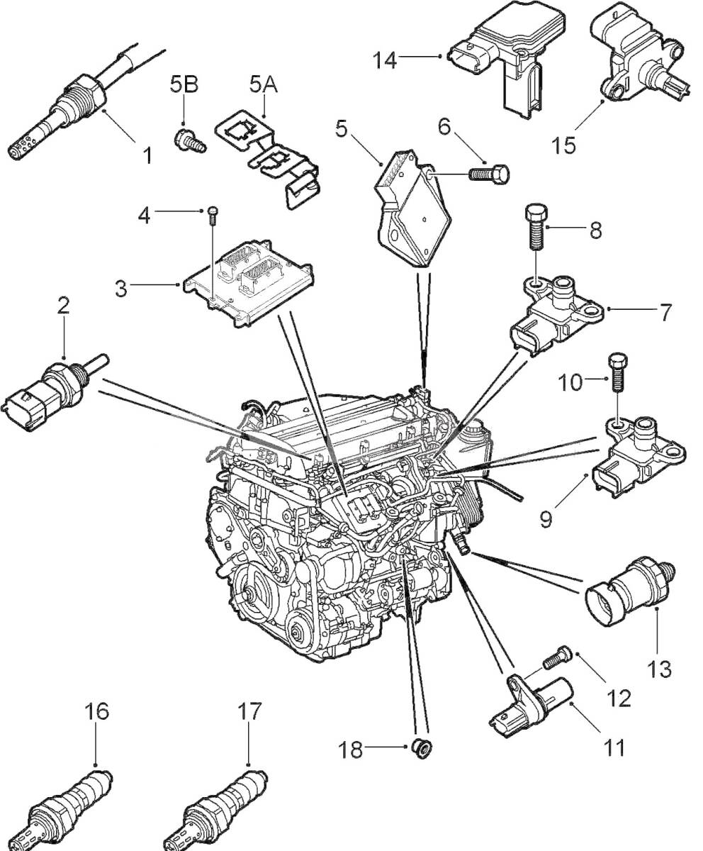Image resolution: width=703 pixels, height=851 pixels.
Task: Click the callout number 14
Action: click(386, 60)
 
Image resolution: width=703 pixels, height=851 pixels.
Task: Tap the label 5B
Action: click(184, 84)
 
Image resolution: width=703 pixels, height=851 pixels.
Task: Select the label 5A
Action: click(262, 84)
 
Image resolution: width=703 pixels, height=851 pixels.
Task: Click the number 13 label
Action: click(659, 668)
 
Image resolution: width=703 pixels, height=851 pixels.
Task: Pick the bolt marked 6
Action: click(490, 173)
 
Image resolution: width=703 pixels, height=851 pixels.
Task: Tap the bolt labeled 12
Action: click(556, 657)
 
